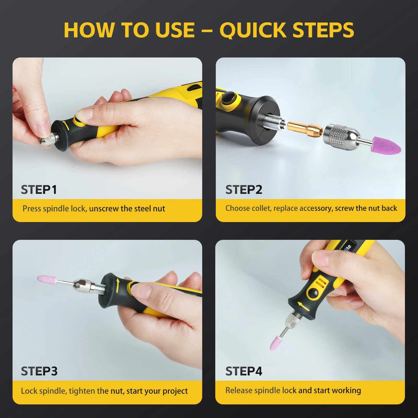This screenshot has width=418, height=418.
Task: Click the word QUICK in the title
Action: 253,30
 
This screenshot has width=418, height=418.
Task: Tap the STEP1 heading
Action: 39,190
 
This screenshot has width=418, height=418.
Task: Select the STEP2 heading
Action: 244,190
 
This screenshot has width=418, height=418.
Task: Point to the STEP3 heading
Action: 39,371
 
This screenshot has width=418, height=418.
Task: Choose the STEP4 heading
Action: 244,371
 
